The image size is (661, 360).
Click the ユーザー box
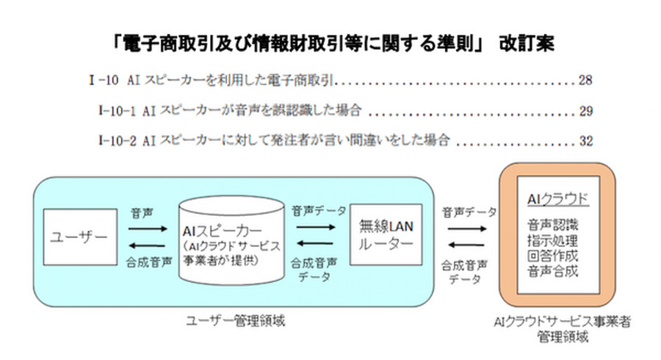click(80, 237)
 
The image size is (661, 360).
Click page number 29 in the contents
click(585, 111)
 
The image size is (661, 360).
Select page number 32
click(585, 140)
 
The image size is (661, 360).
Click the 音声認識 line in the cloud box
click(553, 225)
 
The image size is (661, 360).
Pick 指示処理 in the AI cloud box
click(553, 240)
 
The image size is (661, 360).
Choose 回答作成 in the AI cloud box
click(553, 256)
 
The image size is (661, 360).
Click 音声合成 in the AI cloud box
click(553, 271)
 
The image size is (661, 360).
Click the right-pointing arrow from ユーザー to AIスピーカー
click(152, 229)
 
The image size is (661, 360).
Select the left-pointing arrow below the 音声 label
click(152, 245)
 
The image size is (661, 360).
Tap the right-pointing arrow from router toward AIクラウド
click(466, 229)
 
